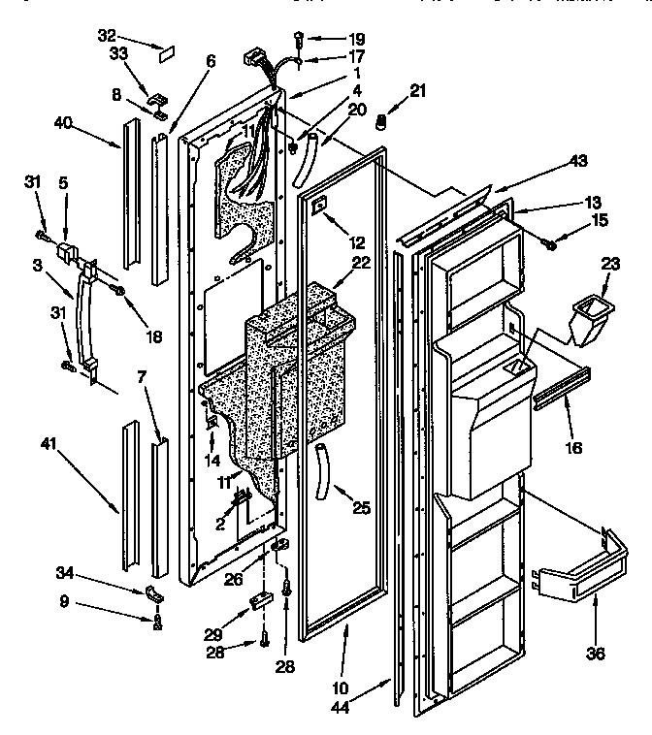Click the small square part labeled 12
click(x=317, y=204)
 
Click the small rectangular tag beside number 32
click(x=164, y=45)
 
